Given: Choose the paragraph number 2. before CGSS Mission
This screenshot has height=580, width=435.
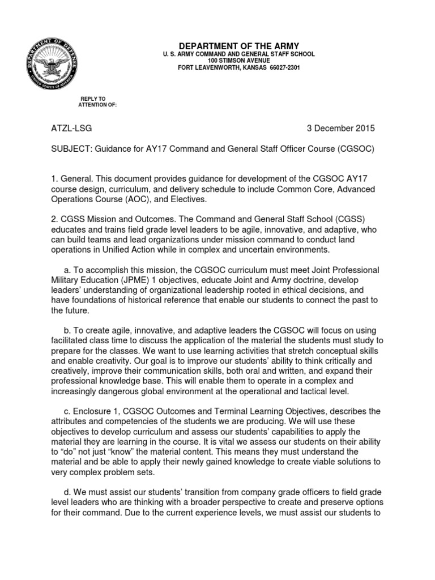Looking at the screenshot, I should click(x=54, y=219).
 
